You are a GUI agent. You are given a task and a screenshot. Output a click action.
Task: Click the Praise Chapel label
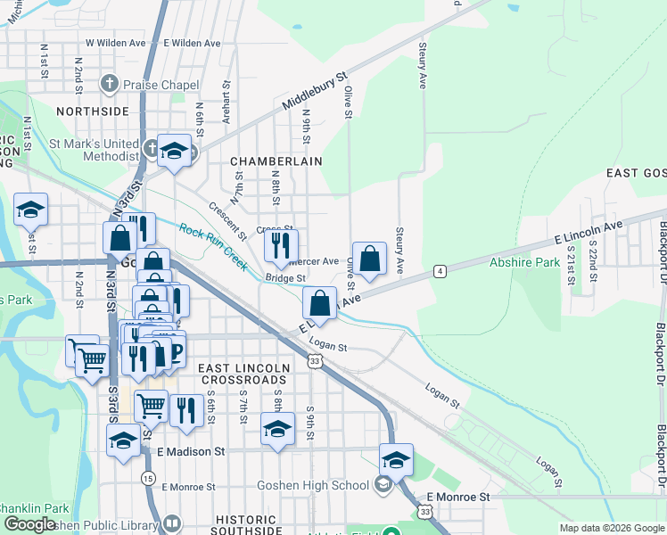click(161, 85)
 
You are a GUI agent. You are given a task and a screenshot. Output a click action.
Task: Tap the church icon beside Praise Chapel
click(109, 85)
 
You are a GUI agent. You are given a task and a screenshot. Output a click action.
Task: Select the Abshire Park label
click(524, 262)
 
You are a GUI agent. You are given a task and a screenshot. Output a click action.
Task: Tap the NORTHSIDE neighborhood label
click(92, 111)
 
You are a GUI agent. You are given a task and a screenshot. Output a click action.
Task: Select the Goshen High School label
click(312, 485)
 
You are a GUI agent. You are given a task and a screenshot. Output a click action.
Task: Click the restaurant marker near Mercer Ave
click(281, 247)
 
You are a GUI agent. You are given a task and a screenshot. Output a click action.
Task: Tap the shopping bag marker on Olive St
click(370, 259)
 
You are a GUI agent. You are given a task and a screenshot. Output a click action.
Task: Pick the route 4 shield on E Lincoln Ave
click(441, 270)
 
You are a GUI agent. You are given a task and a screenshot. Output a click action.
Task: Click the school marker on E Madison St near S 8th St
click(277, 431)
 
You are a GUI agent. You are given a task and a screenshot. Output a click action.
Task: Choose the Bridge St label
click(285, 279)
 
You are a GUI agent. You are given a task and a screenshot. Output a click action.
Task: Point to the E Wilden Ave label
click(192, 43)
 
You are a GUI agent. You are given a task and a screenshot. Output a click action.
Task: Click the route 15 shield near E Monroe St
click(147, 479)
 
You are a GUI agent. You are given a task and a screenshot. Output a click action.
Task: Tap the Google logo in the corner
click(30, 524)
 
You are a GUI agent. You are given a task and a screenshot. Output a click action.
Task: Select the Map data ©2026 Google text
click(611, 527)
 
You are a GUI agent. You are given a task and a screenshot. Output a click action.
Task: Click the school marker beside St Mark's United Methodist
click(175, 150)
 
